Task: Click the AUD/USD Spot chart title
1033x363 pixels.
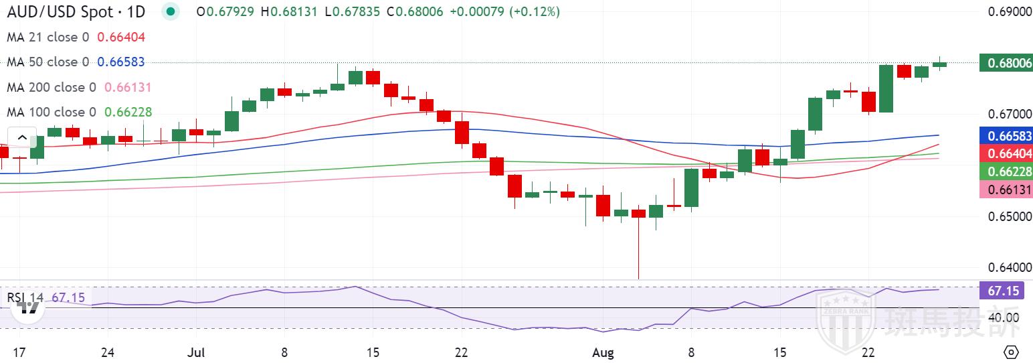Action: pyautogui.click(x=81, y=11)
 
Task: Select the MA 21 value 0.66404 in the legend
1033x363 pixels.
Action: pyautogui.click(x=121, y=38)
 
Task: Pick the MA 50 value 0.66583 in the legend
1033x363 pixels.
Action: pyautogui.click(x=121, y=62)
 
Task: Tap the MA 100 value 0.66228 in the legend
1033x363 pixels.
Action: pyautogui.click(x=124, y=112)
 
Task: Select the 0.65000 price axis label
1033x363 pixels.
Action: pyautogui.click(x=1010, y=217)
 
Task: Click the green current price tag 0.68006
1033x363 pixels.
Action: pyautogui.click(x=1006, y=64)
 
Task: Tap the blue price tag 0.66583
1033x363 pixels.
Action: pyautogui.click(x=1006, y=136)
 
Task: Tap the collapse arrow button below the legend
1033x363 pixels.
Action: pyautogui.click(x=21, y=139)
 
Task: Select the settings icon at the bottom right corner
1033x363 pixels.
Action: pyautogui.click(x=1011, y=352)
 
